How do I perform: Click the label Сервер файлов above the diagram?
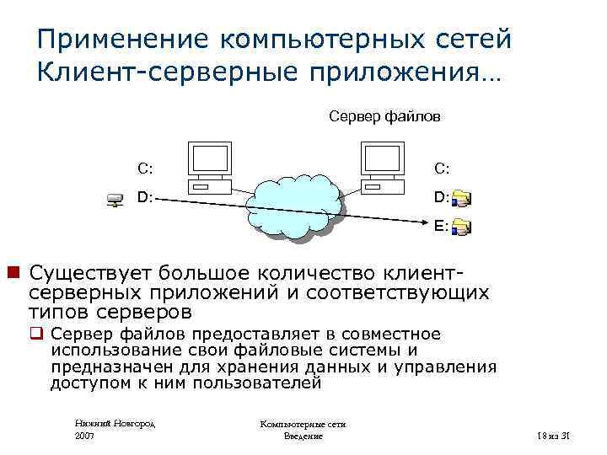click(x=384, y=116)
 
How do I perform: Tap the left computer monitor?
click(x=208, y=160)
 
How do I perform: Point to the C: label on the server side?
click(x=442, y=168)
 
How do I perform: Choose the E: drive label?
click(x=441, y=226)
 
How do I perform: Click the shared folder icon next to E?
click(x=462, y=227)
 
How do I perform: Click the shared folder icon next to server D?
click(x=462, y=199)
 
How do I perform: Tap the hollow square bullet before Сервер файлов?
click(x=38, y=335)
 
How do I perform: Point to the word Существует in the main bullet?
click(x=93, y=273)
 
